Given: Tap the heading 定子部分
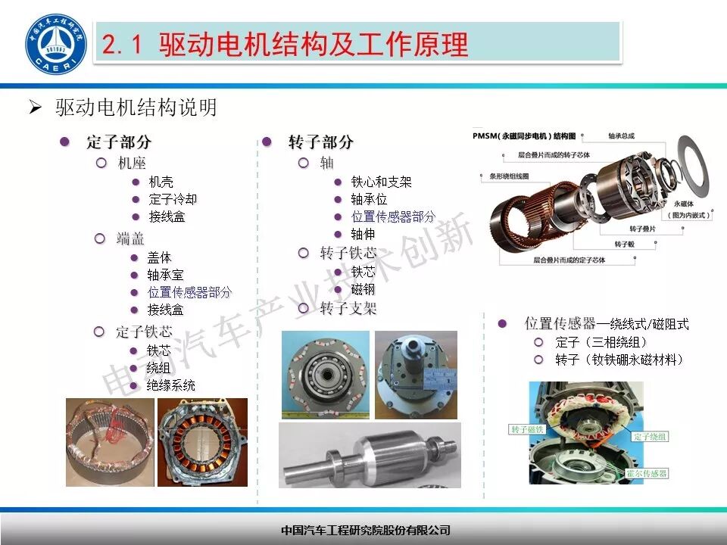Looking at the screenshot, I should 119,142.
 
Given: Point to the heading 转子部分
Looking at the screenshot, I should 320,142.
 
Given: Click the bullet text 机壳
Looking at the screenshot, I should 161,182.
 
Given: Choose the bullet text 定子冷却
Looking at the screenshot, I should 173,199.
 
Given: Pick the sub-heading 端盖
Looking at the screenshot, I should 130,238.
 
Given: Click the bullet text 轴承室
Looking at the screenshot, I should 165,275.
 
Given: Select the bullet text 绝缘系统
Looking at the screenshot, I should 171,385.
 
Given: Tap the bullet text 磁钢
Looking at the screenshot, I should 363,289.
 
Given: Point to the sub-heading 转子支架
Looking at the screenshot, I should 348,308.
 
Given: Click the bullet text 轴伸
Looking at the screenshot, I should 363,234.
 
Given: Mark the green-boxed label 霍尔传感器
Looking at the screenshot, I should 647,473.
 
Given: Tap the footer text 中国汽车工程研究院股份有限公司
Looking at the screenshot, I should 365,530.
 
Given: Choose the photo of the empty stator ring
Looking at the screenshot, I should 109,442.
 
